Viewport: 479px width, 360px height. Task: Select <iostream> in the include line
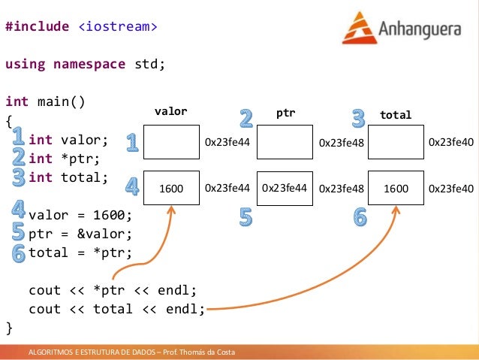[118, 27]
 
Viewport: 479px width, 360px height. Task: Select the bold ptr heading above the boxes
[285, 113]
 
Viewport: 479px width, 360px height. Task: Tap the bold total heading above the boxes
[396, 115]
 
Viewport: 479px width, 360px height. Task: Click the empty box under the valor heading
[172, 142]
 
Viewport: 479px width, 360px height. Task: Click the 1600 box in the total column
[396, 189]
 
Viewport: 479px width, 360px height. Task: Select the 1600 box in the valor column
[172, 189]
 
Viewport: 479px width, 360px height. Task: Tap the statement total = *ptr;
[80, 253]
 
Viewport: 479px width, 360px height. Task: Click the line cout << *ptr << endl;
[113, 290]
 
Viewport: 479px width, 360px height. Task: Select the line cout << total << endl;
[116, 309]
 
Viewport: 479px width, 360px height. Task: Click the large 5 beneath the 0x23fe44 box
[246, 217]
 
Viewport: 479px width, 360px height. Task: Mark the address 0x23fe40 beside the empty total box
[450, 142]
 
